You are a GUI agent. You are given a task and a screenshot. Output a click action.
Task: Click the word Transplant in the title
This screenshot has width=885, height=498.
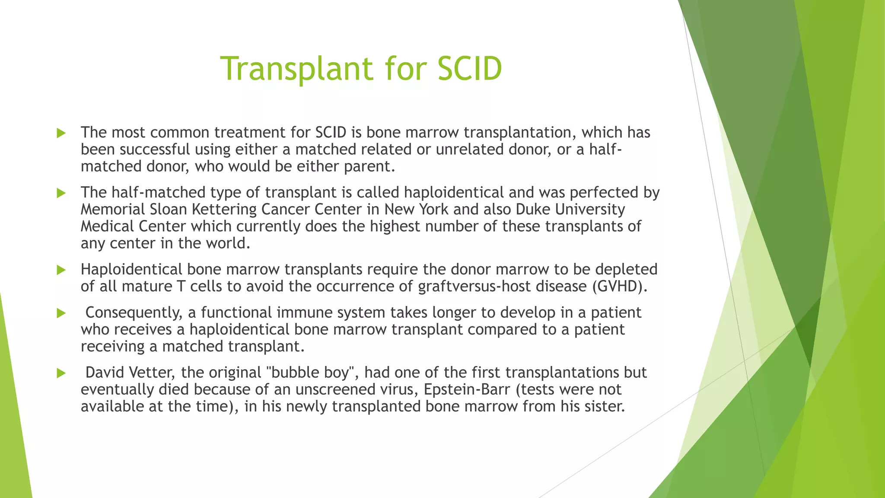pos(297,68)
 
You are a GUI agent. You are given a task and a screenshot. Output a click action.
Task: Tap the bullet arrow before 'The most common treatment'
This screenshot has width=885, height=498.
pos(61,133)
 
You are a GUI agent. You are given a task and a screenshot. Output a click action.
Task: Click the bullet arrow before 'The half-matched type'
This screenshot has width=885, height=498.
pos(61,193)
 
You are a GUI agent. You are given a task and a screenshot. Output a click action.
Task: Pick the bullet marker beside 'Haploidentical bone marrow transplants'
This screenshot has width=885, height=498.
pos(61,270)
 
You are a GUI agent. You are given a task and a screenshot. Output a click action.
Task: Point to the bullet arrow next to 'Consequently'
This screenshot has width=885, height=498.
pos(61,313)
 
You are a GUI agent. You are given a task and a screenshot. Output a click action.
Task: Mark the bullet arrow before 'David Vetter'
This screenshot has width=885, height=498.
pos(61,373)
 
